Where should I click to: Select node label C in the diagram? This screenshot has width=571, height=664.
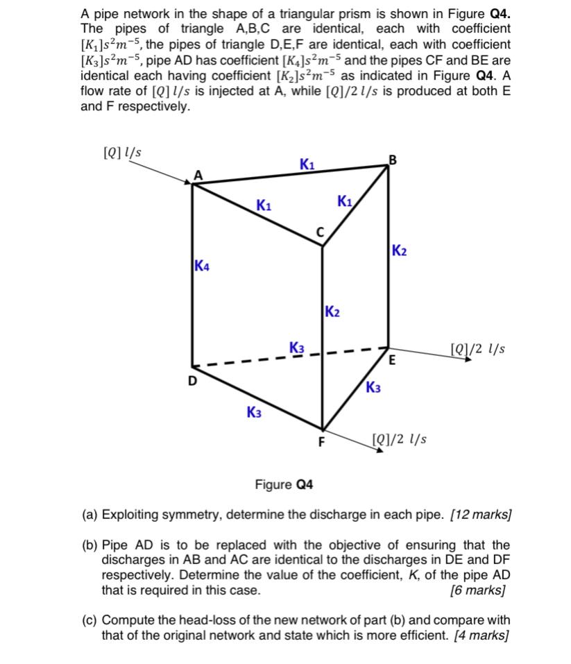(321, 232)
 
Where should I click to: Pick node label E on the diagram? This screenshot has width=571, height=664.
(392, 360)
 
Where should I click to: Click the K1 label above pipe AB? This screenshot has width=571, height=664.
(307, 164)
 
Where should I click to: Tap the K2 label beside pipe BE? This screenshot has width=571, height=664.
(400, 250)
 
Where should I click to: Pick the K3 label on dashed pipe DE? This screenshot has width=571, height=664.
(297, 347)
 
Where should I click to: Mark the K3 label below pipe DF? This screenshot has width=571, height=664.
(255, 413)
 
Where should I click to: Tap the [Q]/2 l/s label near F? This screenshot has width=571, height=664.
(400, 439)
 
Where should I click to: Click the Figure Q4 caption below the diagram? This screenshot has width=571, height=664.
(284, 484)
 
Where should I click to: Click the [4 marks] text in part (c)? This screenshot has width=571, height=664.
(480, 636)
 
